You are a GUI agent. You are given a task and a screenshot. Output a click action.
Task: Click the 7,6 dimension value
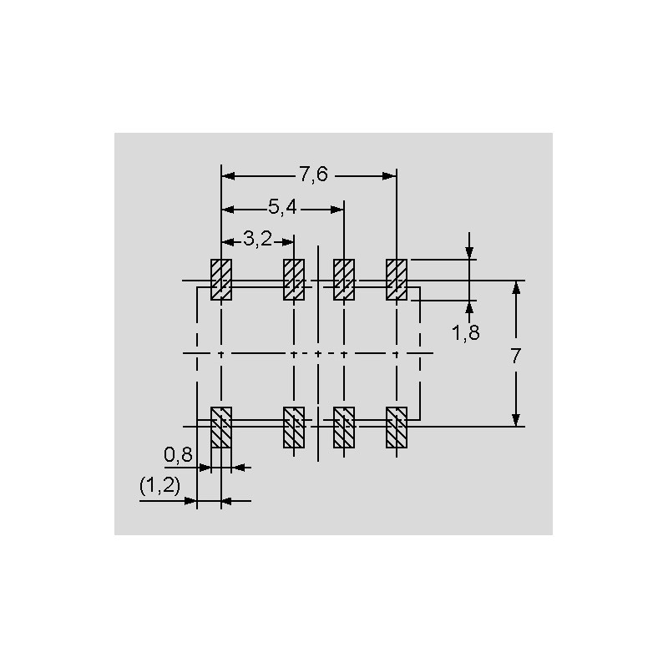(x=314, y=175)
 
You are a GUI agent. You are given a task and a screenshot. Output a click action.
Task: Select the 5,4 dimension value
(x=282, y=207)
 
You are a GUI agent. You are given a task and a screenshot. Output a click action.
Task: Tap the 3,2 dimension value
(x=257, y=240)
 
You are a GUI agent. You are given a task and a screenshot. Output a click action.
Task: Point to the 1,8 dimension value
(x=466, y=332)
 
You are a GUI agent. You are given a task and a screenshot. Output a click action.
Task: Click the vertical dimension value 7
(x=516, y=357)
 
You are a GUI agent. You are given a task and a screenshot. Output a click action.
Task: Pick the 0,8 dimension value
(x=178, y=455)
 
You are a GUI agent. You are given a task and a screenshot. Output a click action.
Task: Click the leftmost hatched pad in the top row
(x=221, y=280)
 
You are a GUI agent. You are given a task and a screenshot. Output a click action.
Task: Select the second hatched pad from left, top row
(x=294, y=280)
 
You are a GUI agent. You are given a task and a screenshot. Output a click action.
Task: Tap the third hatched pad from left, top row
(x=344, y=280)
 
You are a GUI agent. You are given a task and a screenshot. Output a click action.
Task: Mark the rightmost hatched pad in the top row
(x=397, y=280)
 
